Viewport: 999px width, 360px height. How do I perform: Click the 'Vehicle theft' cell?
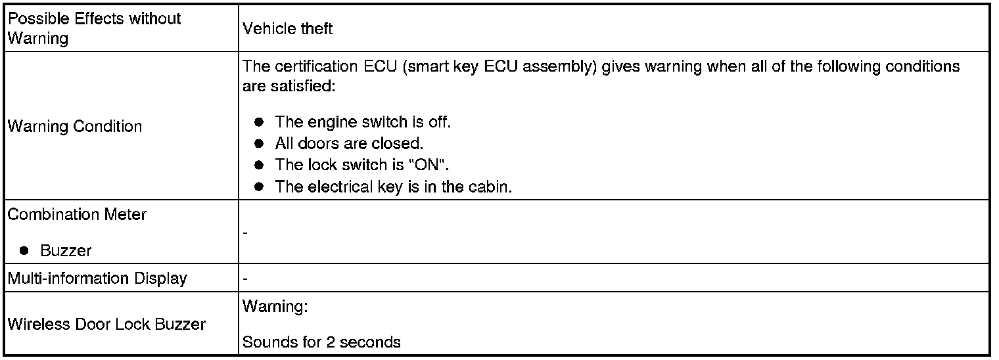287,28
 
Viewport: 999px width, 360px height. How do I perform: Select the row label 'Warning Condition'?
74,126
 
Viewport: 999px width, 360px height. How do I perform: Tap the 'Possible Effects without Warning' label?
93,28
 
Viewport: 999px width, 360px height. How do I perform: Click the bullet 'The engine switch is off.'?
362,122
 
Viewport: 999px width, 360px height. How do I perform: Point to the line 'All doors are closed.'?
349,143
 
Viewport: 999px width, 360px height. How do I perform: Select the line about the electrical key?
393,187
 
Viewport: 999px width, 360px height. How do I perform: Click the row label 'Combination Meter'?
77,215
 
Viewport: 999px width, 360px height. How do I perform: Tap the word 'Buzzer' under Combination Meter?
66,250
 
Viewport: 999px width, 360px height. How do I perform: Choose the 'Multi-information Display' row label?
97,279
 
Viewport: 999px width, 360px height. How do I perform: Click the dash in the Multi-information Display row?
245,279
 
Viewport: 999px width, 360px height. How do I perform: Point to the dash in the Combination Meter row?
245,233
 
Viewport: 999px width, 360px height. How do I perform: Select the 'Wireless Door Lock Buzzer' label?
106,324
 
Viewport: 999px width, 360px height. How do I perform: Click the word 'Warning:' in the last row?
275,306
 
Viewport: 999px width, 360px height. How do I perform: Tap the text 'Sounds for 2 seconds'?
321,342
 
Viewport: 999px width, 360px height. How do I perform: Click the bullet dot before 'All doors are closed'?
260,143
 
